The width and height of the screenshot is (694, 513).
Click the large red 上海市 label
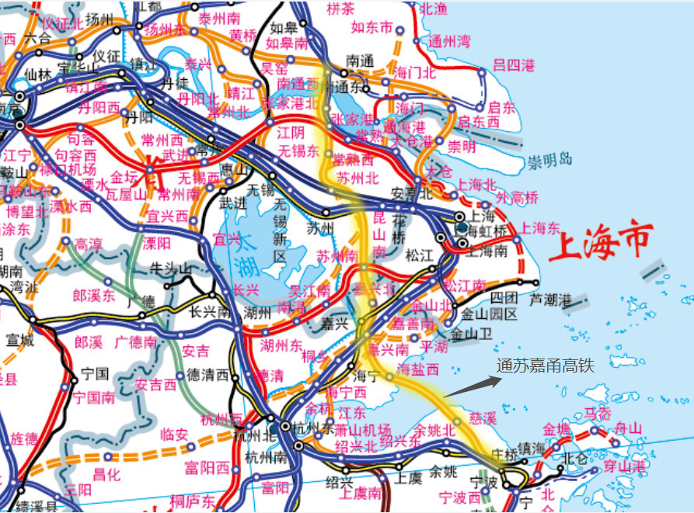(600, 242)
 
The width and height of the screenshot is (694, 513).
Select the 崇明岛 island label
(550, 161)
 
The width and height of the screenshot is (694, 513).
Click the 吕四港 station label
(514, 65)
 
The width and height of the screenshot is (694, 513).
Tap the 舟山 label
(628, 428)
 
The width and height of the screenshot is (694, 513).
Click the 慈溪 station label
(483, 418)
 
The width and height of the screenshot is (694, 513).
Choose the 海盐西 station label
(418, 369)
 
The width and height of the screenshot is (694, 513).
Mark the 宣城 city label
(21, 339)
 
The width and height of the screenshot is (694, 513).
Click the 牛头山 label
(170, 269)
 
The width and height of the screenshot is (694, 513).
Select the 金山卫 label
(473, 334)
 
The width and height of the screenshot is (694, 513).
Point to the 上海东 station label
(540, 228)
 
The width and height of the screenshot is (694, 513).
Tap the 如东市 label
(372, 28)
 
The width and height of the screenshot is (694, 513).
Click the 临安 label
(176, 435)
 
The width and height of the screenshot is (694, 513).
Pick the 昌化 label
(108, 473)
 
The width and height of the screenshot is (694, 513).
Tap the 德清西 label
(205, 376)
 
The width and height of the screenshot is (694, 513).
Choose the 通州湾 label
(450, 41)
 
